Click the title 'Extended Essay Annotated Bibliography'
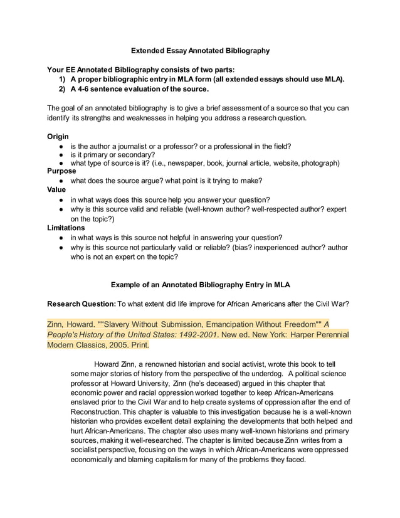pyautogui.click(x=200, y=50)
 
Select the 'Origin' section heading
pyautogui.click(x=58, y=137)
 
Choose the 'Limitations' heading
pyautogui.click(x=66, y=228)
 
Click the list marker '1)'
pyautogui.click(x=63, y=80)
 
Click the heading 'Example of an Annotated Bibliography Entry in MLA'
pyautogui.click(x=200, y=284)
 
